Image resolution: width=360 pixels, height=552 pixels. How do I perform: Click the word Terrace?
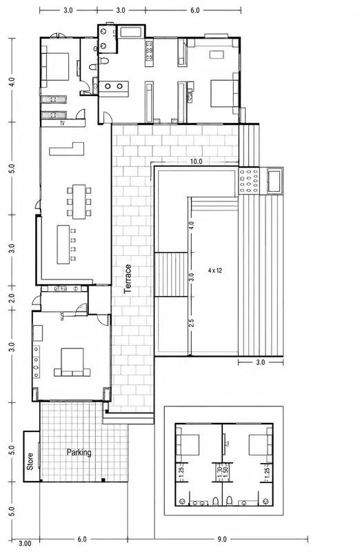pyautogui.click(x=128, y=279)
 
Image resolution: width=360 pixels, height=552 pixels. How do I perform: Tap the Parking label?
pyautogui.click(x=79, y=453)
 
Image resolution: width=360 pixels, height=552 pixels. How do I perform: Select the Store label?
pyautogui.click(x=30, y=461)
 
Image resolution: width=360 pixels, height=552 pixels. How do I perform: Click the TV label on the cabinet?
pyautogui.click(x=62, y=124)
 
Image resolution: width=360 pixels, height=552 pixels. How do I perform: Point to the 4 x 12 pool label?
pyautogui.click(x=214, y=270)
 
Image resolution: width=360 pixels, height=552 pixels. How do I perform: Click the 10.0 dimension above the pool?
pyautogui.click(x=196, y=161)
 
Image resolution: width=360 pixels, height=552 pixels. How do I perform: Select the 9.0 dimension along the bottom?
pyautogui.click(x=222, y=539)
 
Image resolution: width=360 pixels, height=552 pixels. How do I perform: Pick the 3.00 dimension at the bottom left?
pyautogui.click(x=25, y=544)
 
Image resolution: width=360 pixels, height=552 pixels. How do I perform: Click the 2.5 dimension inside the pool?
pyautogui.click(x=192, y=323)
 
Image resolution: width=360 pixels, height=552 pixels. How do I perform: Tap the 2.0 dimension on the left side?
pyautogui.click(x=12, y=298)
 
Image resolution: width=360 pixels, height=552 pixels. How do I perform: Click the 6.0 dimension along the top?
pyautogui.click(x=195, y=10)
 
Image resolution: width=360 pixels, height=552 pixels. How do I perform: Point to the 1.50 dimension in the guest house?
pyautogui.click(x=226, y=469)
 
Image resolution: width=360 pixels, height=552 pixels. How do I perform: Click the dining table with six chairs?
pyautogui.click(x=79, y=201)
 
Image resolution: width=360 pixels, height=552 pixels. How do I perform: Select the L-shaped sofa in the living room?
pyautogui.click(x=66, y=149)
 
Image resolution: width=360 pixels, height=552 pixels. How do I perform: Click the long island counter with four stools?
pyautogui.click(x=66, y=245)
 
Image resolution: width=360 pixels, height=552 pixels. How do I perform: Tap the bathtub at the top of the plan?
pyautogui.click(x=130, y=32)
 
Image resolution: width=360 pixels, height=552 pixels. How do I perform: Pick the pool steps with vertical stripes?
pyautogui.click(x=171, y=275)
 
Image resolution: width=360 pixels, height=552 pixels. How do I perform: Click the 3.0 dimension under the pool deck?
pyautogui.click(x=260, y=362)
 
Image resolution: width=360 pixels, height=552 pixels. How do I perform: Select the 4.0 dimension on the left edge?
pyautogui.click(x=12, y=82)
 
